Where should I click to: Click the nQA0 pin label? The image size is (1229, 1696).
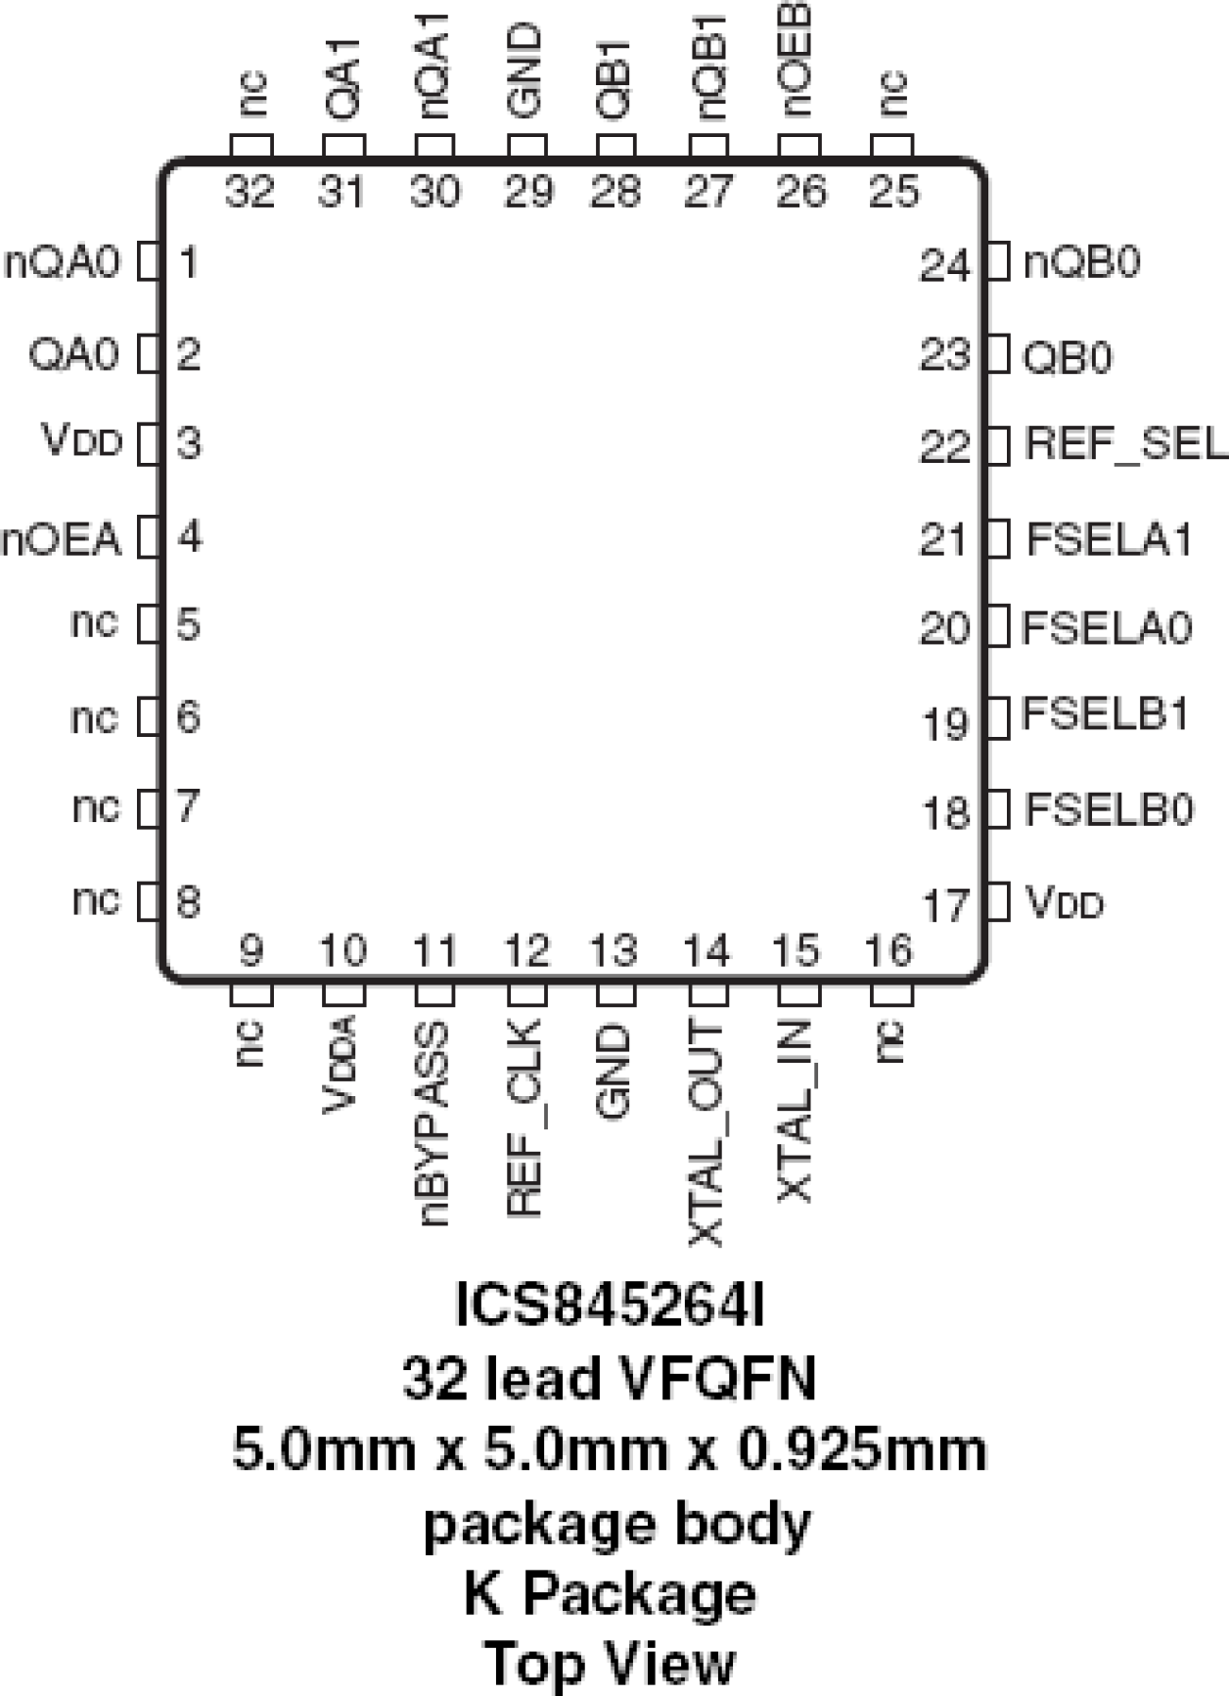pos(63,263)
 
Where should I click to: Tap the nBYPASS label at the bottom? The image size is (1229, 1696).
pos(433,1123)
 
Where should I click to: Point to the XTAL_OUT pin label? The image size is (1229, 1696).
pos(706,1133)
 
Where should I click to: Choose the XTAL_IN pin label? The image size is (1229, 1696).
pos(796,1111)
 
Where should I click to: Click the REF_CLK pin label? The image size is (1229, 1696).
pos(525,1118)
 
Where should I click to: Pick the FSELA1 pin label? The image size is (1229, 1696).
pos(1110,538)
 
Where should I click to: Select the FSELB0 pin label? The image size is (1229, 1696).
pos(1110,809)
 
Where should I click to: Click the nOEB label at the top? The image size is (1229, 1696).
pos(797,59)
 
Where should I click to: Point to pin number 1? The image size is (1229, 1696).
pos(188,262)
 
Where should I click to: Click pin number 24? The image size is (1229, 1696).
pos(944,265)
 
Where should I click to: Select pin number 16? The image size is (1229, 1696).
pos(888,949)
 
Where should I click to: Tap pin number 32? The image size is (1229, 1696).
pos(250,191)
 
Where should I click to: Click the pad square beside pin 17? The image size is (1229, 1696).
pos(998,901)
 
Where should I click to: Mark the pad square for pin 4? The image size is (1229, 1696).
pos(149,537)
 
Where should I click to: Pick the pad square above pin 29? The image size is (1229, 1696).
pos(526,146)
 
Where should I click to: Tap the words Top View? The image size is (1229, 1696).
pos(610,1662)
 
